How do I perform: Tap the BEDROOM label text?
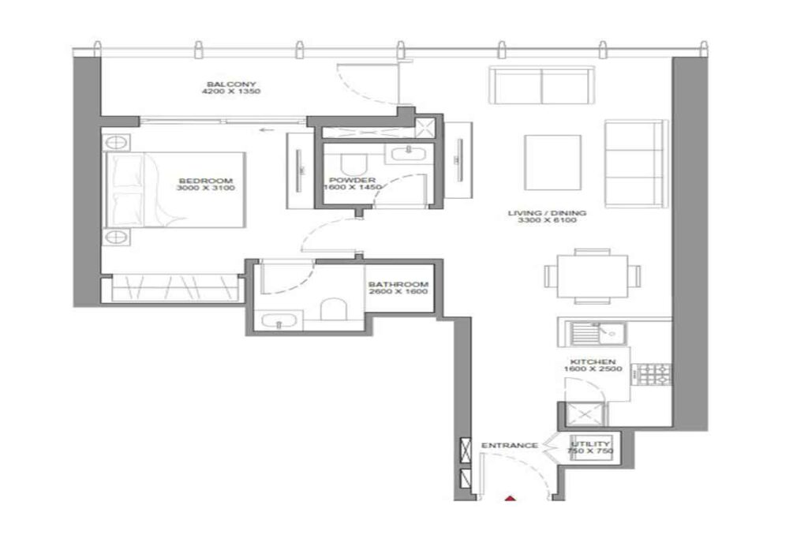207,180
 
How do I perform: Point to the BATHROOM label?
398,285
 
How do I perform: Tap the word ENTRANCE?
509,446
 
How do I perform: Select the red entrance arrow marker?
511,498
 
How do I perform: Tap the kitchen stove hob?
654,375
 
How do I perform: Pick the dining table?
592,276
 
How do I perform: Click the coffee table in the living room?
552,162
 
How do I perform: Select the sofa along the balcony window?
541,85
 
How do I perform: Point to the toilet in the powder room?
353,162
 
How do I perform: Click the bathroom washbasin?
280,320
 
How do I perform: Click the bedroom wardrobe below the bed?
176,289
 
